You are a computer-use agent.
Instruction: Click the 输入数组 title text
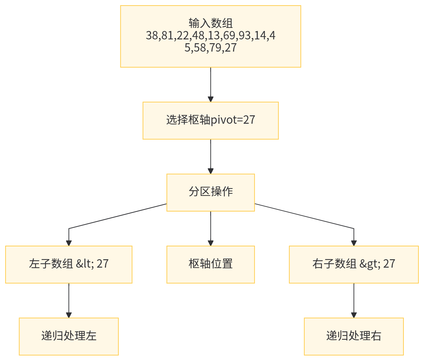(211, 23)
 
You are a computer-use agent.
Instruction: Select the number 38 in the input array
(152, 35)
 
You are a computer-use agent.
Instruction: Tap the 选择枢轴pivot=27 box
(211, 120)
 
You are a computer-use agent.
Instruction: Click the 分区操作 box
(211, 192)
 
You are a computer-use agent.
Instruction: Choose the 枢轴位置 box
(211, 264)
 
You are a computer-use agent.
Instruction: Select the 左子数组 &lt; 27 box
(69, 264)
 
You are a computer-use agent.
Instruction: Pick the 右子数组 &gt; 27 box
(354, 264)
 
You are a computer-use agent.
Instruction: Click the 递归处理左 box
(69, 336)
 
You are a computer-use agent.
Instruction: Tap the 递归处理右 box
(354, 336)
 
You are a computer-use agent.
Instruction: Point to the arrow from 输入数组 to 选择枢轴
(211, 84)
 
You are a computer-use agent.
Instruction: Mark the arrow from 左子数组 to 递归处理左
(69, 300)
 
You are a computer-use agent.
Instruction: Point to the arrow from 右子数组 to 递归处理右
(354, 300)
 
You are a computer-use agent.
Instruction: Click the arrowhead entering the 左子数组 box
(69, 243)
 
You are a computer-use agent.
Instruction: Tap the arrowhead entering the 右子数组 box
(354, 243)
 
